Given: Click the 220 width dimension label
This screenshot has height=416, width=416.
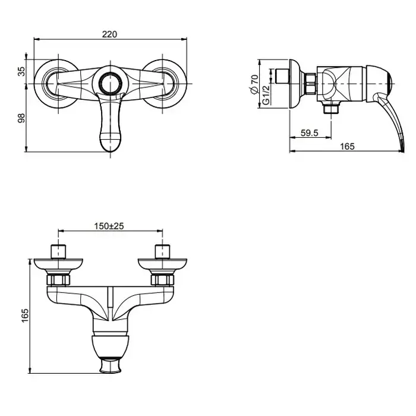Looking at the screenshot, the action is pyautogui.click(x=109, y=34).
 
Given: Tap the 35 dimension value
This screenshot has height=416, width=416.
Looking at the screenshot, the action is pyautogui.click(x=21, y=71).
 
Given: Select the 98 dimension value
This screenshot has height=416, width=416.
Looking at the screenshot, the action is pyautogui.click(x=21, y=118).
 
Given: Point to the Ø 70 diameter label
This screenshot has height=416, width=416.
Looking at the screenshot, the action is pyautogui.click(x=254, y=84).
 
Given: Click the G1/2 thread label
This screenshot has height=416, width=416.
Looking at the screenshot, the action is pyautogui.click(x=266, y=94).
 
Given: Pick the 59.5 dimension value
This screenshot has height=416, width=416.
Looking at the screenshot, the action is pyautogui.click(x=310, y=133).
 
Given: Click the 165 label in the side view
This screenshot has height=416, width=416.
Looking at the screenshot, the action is pyautogui.click(x=347, y=146).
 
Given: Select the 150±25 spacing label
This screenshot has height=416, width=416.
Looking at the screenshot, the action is pyautogui.click(x=109, y=226).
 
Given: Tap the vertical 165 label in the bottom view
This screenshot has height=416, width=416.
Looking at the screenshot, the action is pyautogui.click(x=25, y=315).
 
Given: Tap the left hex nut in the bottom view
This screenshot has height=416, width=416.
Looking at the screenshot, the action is pyautogui.click(x=58, y=280).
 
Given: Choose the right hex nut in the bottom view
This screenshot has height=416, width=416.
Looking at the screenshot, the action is pyautogui.click(x=162, y=280).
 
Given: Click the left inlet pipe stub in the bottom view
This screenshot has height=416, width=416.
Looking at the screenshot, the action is pyautogui.click(x=58, y=251).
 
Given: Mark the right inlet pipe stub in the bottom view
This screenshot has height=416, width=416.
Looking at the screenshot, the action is pyautogui.click(x=162, y=251).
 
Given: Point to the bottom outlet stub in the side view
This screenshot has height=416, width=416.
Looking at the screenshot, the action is pyautogui.click(x=331, y=108).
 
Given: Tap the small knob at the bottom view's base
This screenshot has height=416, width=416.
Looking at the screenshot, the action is pyautogui.click(x=111, y=365).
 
